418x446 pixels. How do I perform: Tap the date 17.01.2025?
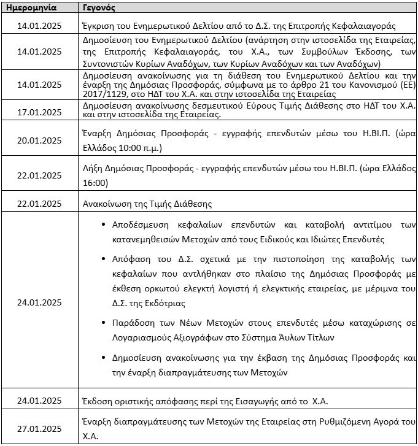(40, 112)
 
